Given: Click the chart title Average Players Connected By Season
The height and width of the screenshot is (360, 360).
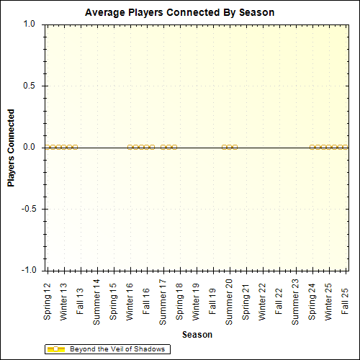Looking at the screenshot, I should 179,13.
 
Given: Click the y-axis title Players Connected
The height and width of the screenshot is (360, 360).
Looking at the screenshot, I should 11,148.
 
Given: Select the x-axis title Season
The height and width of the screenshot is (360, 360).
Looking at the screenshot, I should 197,334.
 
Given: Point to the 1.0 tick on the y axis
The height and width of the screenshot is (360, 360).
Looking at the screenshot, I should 30,24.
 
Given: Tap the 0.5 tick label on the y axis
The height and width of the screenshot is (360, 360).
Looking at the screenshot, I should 30,86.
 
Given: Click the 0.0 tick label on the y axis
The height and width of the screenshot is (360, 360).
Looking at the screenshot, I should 30,147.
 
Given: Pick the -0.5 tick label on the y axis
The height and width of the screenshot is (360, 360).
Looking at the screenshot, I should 28,209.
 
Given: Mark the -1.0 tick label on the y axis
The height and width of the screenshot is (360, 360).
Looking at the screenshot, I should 28,270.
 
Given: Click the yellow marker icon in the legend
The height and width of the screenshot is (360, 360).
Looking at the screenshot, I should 56,349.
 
